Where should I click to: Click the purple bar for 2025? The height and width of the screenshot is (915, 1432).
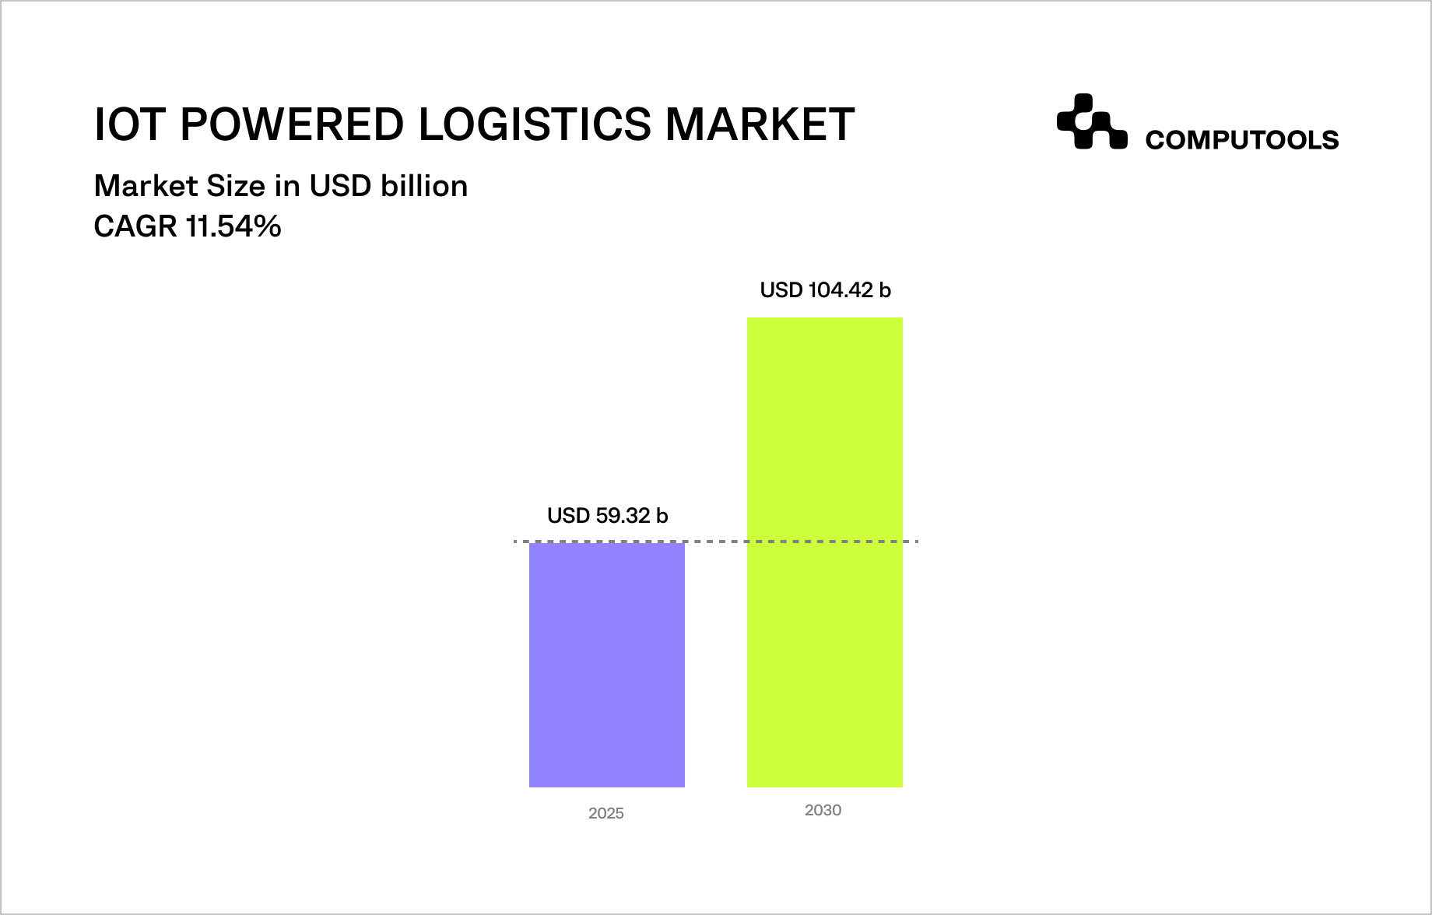coord(607,664)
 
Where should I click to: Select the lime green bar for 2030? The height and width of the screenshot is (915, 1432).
coord(825,552)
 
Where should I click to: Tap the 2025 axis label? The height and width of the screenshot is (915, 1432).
coord(606,813)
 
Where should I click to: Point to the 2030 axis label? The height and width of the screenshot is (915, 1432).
coord(823,810)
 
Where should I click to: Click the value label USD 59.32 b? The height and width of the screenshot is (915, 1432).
coord(607,516)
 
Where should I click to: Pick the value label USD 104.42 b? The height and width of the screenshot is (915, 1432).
coord(825,290)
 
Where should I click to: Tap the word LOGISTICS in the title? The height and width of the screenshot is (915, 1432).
coord(535,124)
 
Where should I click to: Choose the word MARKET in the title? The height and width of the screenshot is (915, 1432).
coord(760,124)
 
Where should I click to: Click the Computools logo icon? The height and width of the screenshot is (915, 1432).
coord(1091,121)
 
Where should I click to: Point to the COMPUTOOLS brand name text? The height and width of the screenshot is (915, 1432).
coord(1241,140)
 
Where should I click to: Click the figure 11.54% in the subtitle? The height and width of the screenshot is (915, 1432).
coord(233,226)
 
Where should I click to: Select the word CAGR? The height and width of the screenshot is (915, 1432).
coord(135,226)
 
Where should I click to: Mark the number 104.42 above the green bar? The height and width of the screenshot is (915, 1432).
coord(841,290)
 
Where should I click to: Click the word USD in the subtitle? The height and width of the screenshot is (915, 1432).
coord(340,186)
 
